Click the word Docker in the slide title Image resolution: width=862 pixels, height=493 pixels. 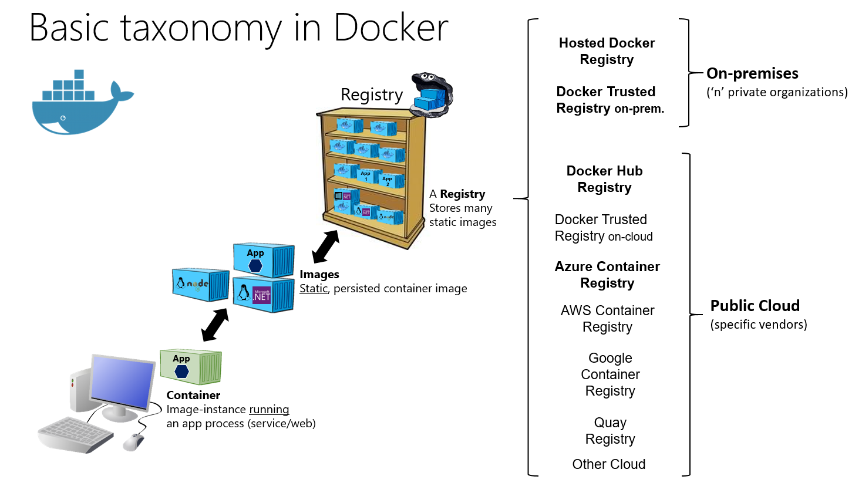390,28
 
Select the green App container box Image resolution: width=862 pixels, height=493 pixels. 191,366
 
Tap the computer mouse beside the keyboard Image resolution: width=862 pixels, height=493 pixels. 134,441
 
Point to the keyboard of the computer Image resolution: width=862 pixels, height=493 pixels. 75,434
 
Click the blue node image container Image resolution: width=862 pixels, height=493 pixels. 200,285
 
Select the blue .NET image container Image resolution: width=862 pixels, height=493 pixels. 263,295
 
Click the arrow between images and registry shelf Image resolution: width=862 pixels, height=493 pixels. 325,246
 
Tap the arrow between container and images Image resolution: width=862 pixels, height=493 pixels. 215,325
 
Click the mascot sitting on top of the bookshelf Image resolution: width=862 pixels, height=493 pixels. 432,94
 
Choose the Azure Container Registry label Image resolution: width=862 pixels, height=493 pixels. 607,275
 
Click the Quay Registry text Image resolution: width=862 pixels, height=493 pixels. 610,431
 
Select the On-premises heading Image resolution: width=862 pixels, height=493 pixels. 752,73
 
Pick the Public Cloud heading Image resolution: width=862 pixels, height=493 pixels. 755,306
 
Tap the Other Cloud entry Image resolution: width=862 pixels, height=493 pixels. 609,464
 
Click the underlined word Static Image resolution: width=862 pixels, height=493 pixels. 314,289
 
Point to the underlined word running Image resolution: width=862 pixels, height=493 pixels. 269,410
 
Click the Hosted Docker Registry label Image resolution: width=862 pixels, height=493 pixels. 607,51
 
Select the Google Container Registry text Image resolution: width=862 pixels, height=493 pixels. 610,374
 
